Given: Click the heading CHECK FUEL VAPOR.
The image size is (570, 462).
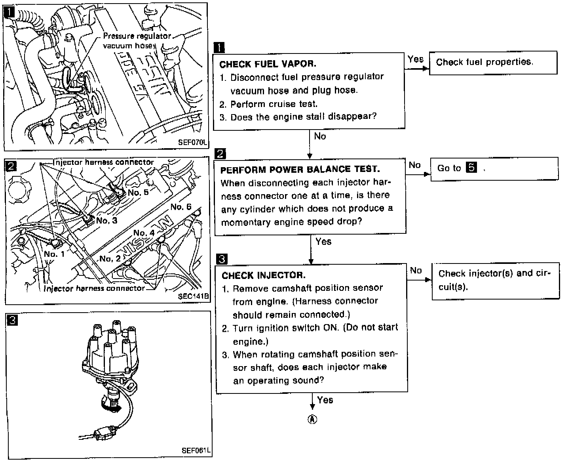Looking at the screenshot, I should point(268,64).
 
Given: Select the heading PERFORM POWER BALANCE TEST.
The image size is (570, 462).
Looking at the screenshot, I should point(300,170).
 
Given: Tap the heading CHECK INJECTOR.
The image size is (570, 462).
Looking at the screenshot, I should point(263,275).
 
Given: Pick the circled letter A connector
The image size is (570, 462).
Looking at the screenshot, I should point(312,420).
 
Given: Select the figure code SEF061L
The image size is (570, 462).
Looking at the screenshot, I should point(196,451).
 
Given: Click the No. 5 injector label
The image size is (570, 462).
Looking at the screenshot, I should point(138,193).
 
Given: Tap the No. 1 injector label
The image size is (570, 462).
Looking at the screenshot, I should point(54,254).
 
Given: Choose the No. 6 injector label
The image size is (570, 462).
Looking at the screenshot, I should point(181,207).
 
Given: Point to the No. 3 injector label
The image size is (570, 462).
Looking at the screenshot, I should point(106,221).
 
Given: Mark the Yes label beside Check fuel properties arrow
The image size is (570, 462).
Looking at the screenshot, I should point(416,59).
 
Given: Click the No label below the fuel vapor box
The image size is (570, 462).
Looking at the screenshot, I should point(320,136).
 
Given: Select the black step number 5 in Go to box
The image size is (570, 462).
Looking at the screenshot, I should point(471,168).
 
